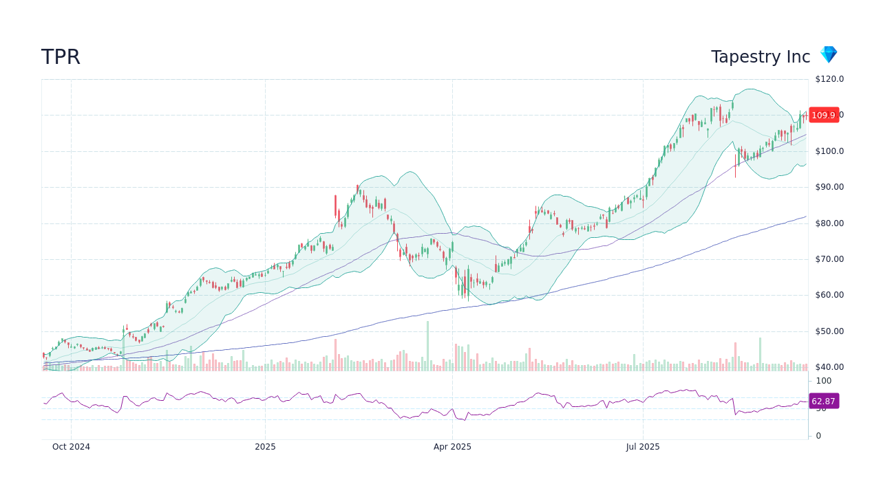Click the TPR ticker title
[61, 57]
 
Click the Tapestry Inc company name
[761, 57]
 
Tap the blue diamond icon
[828, 55]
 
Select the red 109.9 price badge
[823, 115]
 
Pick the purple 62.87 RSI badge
[823, 401]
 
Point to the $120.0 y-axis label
[829, 79]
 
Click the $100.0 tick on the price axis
[829, 151]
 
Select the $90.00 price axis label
[829, 187]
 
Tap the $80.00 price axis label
[829, 223]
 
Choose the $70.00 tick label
[829, 259]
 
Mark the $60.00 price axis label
[829, 295]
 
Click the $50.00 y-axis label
[829, 331]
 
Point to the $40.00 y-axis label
[829, 367]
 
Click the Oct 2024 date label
[71, 447]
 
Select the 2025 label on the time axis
[265, 447]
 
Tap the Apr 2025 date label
[452, 447]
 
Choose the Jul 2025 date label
[643, 447]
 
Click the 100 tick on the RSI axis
[824, 381]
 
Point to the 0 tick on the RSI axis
[818, 436]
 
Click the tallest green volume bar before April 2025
[427, 346]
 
